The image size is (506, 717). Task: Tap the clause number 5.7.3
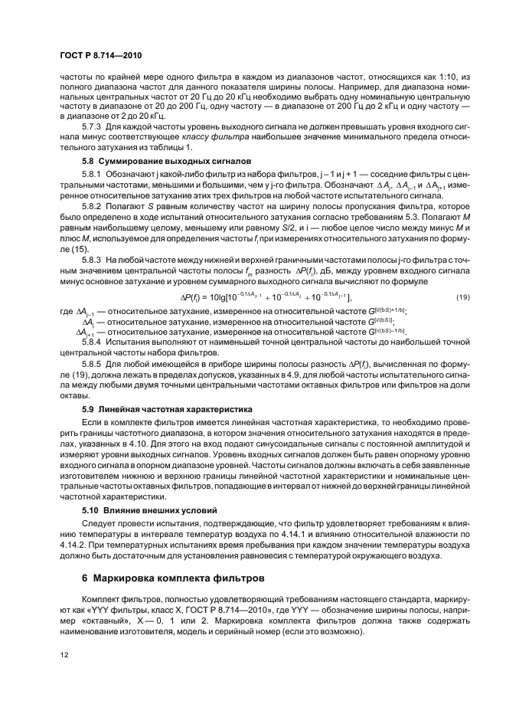93,125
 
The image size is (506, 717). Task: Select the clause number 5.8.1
93,176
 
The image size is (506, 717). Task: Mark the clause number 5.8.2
93,207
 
